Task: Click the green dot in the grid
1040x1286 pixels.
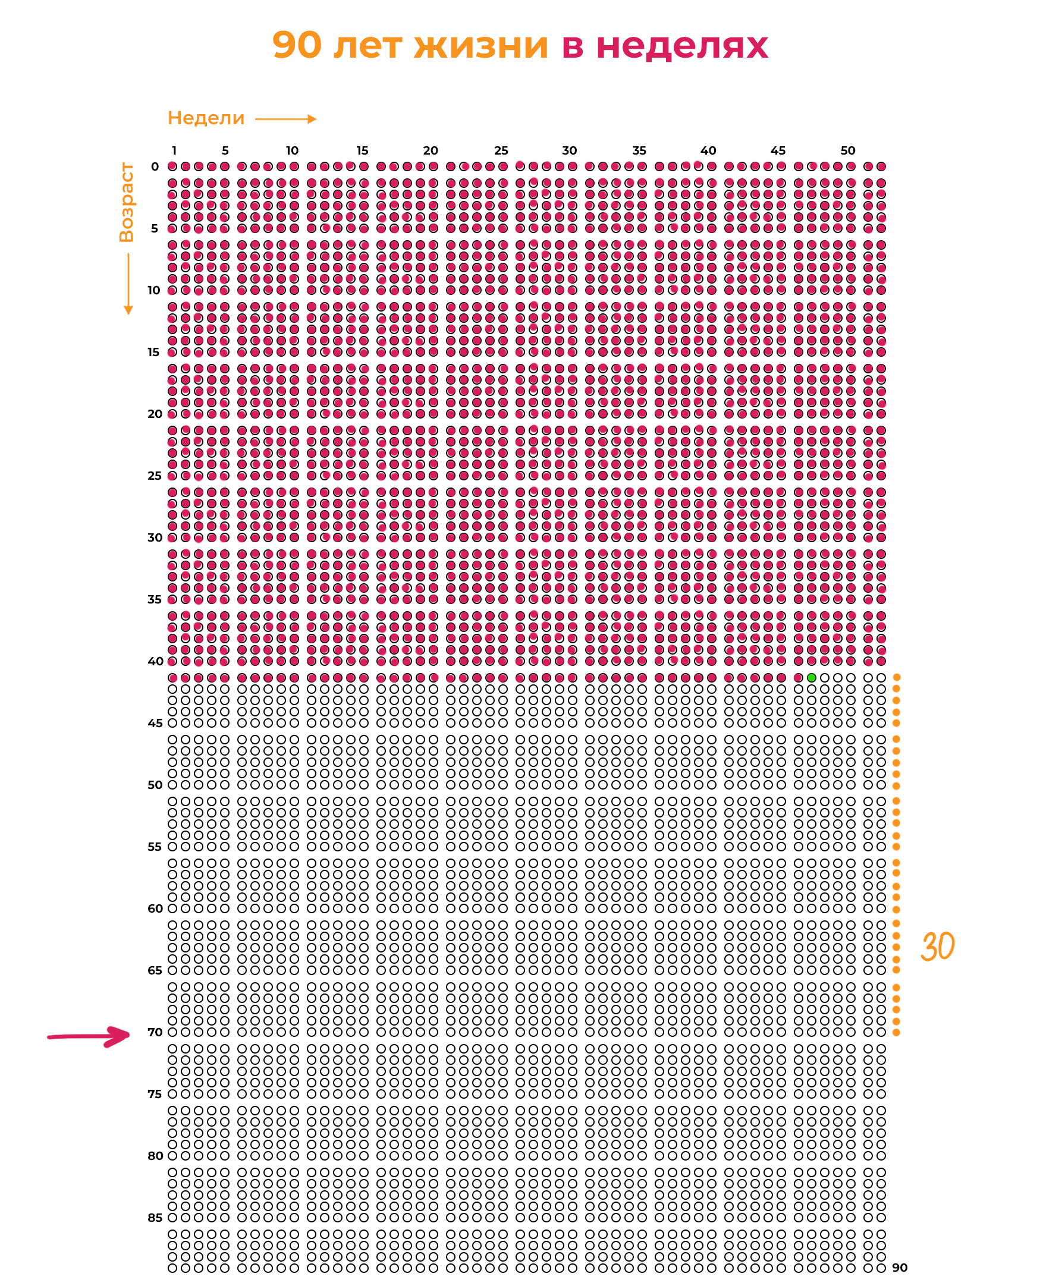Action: click(811, 677)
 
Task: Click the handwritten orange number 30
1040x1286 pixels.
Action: click(938, 947)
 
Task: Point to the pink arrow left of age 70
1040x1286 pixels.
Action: click(89, 1036)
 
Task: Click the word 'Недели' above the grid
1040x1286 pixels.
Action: click(206, 118)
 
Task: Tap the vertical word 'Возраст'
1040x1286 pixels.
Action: click(127, 203)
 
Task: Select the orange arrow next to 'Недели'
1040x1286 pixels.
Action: click(286, 119)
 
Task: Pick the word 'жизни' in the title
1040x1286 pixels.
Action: click(481, 45)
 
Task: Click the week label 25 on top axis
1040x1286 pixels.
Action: click(501, 150)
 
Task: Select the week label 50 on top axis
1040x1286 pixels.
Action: click(848, 150)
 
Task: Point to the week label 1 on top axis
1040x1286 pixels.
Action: click(174, 150)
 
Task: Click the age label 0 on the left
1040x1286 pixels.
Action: click(155, 166)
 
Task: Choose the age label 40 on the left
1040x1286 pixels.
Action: click(155, 661)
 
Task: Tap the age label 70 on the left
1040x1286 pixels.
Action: click(155, 1032)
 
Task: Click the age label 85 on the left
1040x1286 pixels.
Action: click(155, 1218)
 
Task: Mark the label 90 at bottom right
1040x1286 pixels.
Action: click(900, 1268)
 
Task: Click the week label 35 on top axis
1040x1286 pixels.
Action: click(639, 150)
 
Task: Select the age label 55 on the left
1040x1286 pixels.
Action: click(155, 847)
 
